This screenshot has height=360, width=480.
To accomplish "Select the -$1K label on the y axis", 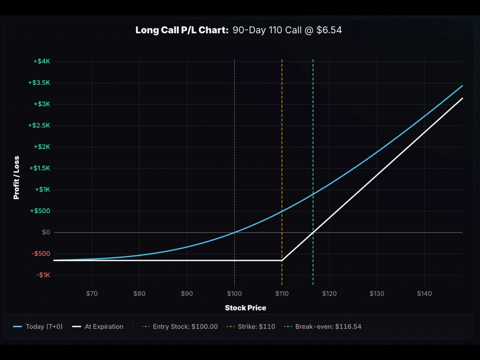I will (43, 275).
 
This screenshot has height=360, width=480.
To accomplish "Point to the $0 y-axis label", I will (46, 232).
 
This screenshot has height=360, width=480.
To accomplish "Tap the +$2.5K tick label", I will (39, 126).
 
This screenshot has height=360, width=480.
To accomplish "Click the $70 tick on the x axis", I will (92, 294).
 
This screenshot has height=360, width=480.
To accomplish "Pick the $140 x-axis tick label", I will (424, 294).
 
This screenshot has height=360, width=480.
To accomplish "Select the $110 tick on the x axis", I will (282, 294).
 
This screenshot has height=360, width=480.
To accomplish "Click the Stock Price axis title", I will (245, 308).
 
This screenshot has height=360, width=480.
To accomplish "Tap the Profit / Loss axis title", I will (16, 177).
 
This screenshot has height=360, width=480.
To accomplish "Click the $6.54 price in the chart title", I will (329, 30).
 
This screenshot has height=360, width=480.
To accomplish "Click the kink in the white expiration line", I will (282, 260).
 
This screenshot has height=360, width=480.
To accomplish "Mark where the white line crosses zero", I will (313, 232).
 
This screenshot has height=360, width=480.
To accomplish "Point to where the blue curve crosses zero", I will (234, 232).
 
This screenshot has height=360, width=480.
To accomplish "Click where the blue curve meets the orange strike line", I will (282, 211).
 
